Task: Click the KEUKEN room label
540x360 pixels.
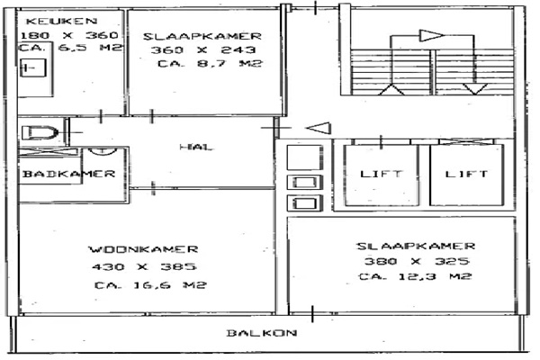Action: [x=62, y=21]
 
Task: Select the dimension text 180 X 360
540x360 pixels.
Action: [x=69, y=35]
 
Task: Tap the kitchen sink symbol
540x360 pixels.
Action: [x=33, y=67]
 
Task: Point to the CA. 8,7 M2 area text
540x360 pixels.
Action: [x=210, y=63]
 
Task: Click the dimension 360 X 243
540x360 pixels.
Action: [x=203, y=49]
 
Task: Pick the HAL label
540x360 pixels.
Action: [x=196, y=147]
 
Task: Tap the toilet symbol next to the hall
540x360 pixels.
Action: [x=40, y=132]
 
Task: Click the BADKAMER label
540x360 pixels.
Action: [x=69, y=174]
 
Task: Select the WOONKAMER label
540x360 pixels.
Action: [x=144, y=249]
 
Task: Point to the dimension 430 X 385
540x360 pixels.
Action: [x=144, y=266]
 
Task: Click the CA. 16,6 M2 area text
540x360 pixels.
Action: [x=150, y=285]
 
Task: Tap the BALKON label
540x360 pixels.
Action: [x=262, y=333]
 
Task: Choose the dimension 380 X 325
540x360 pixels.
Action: [x=417, y=261]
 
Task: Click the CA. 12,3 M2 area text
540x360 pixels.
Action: [x=415, y=276]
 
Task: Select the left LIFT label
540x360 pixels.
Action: [x=381, y=174]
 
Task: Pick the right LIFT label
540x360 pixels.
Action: [x=466, y=174]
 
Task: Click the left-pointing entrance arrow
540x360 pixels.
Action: [x=319, y=128]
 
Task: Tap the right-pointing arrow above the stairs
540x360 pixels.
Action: [x=431, y=35]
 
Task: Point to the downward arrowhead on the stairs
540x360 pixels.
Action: [x=475, y=89]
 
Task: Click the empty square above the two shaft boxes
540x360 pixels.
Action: [x=305, y=157]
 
